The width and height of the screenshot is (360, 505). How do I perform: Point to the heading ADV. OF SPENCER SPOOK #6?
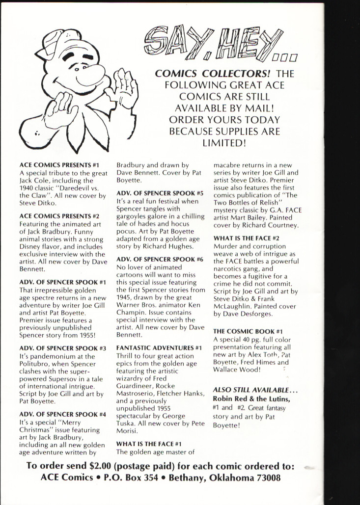(160, 259)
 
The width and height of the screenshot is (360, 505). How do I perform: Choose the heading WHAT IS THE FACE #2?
(243, 238)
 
